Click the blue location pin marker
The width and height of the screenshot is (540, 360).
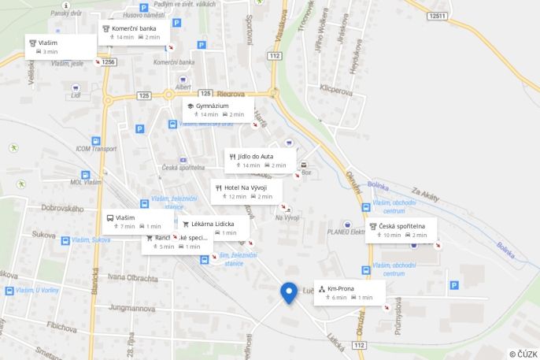point(289,292)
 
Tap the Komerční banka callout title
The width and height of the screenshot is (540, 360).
point(134,28)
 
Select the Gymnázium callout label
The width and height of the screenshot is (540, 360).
point(213,106)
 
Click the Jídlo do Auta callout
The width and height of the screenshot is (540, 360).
point(256,156)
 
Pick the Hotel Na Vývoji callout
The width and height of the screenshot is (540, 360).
point(246,187)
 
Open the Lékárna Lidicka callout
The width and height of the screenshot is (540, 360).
point(213,224)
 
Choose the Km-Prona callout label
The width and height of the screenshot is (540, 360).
point(341,288)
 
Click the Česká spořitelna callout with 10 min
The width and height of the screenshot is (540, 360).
point(401,226)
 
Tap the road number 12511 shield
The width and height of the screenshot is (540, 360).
point(438,16)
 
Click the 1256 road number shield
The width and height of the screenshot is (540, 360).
point(108,61)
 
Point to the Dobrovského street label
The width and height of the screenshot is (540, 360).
point(62,208)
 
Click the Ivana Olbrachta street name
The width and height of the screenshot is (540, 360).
point(133,276)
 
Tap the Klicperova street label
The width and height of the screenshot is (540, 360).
point(336,90)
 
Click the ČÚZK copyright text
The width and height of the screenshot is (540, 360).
point(523,354)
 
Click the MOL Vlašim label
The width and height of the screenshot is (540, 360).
point(86,182)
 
